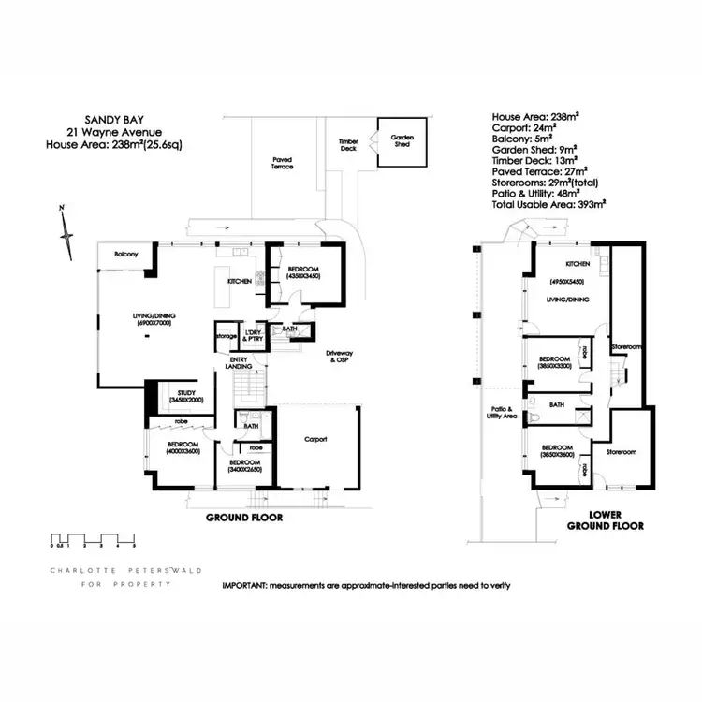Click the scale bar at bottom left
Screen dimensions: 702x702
click(x=93, y=538)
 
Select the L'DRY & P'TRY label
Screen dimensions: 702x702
click(x=251, y=335)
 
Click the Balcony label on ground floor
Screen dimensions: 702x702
click(x=127, y=254)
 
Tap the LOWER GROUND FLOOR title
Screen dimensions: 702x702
click(x=605, y=520)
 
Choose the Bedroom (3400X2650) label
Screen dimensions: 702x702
click(x=247, y=467)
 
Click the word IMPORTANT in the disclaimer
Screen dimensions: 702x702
click(x=244, y=585)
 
